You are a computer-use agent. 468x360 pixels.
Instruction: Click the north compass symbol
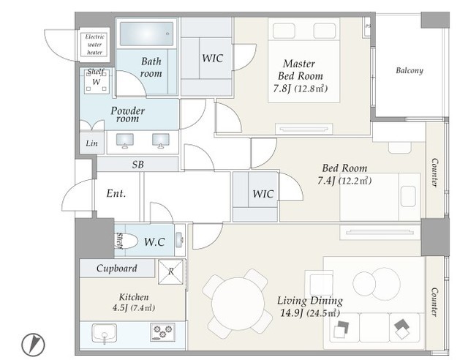click(x=33, y=345)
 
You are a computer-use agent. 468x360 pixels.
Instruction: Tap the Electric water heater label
click(x=94, y=45)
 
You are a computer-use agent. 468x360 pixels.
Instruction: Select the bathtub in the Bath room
click(x=146, y=34)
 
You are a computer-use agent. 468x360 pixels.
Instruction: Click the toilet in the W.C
click(x=127, y=241)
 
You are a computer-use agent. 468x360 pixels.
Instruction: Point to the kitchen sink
click(x=104, y=333)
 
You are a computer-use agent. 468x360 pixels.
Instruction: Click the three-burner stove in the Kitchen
click(x=162, y=332)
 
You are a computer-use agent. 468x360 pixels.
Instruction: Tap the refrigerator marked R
click(x=170, y=271)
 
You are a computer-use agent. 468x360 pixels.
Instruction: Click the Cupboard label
click(x=117, y=269)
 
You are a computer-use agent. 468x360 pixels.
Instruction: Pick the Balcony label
click(x=409, y=70)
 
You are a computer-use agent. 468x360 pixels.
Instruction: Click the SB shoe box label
click(x=138, y=165)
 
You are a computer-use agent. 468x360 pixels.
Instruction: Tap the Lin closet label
click(x=91, y=143)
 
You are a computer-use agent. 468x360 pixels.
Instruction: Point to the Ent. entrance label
click(x=116, y=193)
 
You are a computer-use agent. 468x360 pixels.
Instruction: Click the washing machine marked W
click(x=96, y=81)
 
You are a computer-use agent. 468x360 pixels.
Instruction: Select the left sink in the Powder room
click(x=125, y=140)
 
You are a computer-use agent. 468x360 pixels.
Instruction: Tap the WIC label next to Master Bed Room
click(x=212, y=58)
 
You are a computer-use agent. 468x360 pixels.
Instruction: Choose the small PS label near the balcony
click(x=368, y=26)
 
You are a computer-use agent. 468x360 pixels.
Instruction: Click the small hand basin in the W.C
click(x=179, y=239)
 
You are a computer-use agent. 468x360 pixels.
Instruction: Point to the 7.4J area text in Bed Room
click(x=327, y=181)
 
